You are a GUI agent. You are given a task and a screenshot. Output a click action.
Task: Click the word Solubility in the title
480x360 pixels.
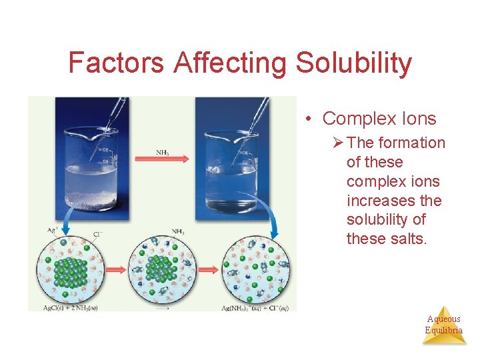click(354, 63)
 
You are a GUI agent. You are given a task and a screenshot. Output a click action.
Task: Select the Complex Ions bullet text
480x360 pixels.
click(379, 119)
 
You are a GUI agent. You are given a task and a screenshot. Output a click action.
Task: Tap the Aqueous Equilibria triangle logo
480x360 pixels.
click(444, 325)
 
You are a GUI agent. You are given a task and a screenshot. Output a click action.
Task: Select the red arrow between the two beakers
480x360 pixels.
click(162, 159)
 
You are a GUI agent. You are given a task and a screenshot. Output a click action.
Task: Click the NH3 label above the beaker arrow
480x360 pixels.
click(162, 151)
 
